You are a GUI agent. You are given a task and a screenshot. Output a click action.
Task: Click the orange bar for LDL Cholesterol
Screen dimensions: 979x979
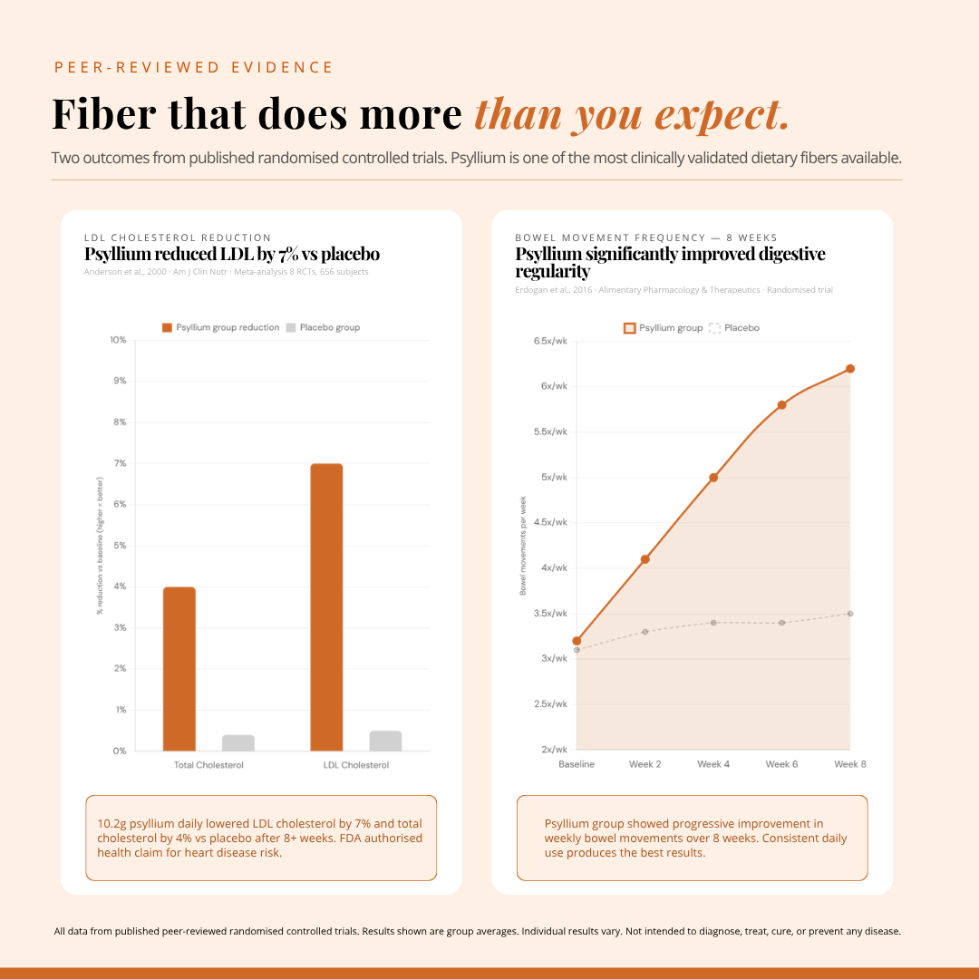point(326,607)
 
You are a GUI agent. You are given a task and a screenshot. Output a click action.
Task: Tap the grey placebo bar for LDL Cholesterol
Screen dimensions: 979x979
point(385,741)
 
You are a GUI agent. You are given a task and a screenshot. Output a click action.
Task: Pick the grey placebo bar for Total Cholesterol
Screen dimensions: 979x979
point(238,742)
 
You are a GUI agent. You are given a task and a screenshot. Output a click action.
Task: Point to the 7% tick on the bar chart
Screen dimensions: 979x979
point(119,463)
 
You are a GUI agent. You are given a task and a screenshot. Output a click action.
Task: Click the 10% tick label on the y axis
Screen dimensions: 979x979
point(118,340)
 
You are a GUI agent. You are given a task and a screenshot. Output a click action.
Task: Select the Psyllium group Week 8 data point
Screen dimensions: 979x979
point(850,369)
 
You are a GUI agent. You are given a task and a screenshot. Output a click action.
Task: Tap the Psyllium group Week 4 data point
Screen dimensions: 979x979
point(713,478)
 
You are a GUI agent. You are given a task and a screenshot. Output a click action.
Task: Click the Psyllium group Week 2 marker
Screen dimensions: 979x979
point(645,559)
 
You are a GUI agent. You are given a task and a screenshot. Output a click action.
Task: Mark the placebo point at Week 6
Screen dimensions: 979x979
point(781,623)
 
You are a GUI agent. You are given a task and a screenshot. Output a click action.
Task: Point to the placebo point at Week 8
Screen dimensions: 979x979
point(850,614)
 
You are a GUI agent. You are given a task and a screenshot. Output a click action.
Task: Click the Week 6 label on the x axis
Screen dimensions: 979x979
point(781,764)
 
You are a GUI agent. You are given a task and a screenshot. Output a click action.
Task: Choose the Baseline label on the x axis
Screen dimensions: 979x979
point(577,764)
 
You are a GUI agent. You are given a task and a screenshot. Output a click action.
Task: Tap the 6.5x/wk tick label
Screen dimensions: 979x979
point(550,341)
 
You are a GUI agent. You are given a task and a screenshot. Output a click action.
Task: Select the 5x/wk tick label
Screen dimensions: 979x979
point(553,478)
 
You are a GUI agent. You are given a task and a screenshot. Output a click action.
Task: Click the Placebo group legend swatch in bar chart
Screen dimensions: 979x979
point(291,327)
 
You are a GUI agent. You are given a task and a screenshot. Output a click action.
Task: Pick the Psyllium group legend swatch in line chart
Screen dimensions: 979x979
point(629,328)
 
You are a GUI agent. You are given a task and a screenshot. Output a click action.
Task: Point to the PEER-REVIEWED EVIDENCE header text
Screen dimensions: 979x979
point(194,68)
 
